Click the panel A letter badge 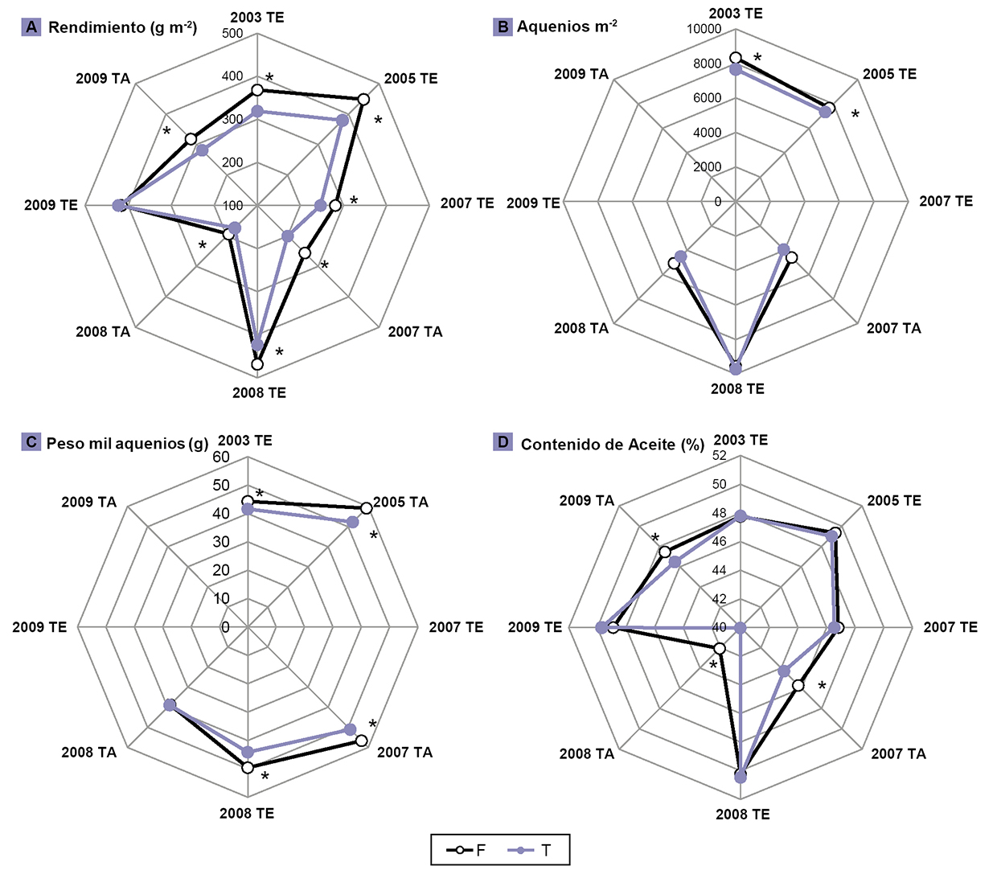31,27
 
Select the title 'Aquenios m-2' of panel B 567,27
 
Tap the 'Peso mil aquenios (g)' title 127,443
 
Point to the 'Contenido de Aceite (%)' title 612,444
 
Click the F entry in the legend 471,850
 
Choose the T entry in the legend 535,850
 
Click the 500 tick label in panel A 232,34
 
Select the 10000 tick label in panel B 704,30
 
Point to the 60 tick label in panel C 221,457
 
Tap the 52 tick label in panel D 719,456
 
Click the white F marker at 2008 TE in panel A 257,364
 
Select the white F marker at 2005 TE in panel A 363,100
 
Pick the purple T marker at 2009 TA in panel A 203,150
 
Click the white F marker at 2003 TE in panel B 735,57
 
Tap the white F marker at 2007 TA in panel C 362,741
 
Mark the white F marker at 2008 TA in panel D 720,648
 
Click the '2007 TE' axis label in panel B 946,201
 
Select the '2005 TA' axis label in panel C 400,503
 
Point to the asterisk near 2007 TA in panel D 822,687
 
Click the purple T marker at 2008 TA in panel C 170,704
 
